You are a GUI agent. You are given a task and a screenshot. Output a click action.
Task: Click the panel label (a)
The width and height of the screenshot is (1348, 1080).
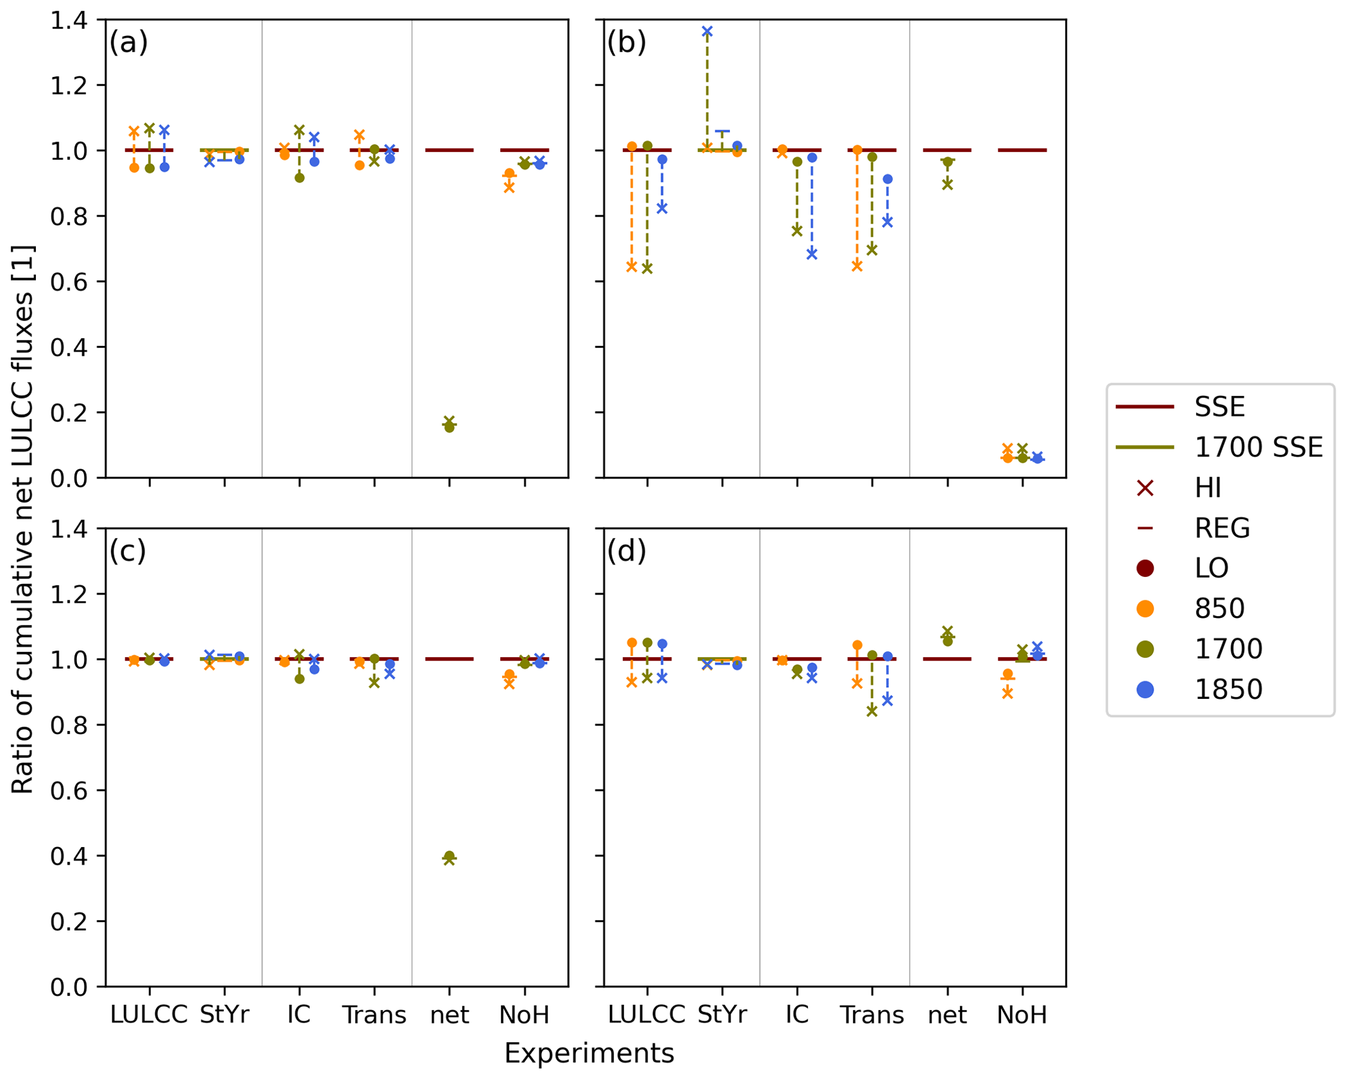(x=128, y=43)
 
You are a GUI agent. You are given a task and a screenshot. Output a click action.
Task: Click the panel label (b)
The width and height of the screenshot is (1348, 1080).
(x=626, y=43)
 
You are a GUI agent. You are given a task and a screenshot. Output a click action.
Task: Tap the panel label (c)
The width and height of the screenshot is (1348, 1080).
(x=128, y=551)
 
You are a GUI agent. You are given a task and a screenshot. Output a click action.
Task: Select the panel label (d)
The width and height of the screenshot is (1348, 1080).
(x=626, y=551)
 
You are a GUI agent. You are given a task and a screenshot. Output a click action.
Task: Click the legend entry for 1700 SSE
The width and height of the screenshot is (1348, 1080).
(x=1257, y=448)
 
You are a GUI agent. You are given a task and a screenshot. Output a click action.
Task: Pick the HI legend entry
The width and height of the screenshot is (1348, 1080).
(x=1208, y=488)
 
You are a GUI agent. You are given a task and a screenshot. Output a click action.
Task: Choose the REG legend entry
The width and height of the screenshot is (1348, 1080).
(x=1221, y=528)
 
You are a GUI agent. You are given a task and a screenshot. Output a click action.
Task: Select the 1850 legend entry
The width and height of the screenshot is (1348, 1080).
(x=1228, y=690)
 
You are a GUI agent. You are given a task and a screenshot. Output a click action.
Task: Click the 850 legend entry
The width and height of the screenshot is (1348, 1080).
(x=1219, y=609)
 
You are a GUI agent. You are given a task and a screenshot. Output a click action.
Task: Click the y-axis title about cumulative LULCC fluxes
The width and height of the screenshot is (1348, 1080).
(x=23, y=519)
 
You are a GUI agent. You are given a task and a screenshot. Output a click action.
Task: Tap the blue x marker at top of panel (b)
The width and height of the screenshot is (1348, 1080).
(x=707, y=31)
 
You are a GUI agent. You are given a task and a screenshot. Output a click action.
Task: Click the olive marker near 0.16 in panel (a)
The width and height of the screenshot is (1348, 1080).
(x=449, y=425)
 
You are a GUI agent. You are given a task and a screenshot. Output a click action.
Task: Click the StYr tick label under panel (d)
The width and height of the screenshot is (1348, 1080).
(x=722, y=1015)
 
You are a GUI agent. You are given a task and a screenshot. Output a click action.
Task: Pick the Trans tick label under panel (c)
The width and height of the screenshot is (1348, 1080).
(x=374, y=1015)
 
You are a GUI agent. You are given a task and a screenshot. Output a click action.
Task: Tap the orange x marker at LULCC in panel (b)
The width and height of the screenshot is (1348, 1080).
(x=631, y=266)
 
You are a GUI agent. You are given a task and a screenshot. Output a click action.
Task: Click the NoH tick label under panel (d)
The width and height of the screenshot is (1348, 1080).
(x=1022, y=1015)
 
